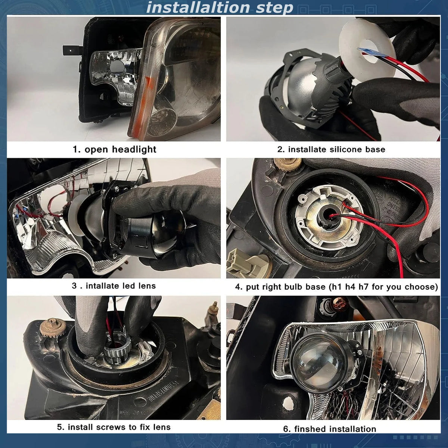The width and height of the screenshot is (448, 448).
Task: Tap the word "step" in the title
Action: tap(274, 8)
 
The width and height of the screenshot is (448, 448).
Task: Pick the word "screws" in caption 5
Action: tap(111, 427)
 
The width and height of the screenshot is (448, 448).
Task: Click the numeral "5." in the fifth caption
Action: tap(60, 427)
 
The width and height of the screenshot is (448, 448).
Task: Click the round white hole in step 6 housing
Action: tap(288, 402)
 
